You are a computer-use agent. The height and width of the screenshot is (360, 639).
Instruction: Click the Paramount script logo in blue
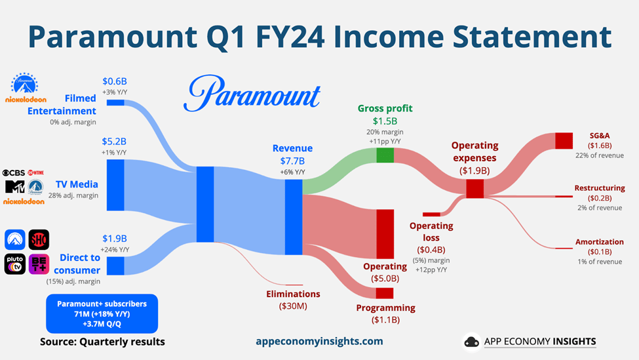pos(252,94)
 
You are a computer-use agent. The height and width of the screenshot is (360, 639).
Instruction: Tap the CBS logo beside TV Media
pos(14,173)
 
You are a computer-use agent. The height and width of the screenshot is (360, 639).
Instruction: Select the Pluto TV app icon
pos(15,264)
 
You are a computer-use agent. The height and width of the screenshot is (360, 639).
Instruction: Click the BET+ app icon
pos(39,264)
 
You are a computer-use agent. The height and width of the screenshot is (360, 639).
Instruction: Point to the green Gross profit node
pos(385,155)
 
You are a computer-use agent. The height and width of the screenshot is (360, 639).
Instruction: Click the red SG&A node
pos(564,141)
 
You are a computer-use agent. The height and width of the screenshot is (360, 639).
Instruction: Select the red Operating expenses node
pos(474,189)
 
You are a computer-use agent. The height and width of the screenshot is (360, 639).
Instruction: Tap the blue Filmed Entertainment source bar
pos(115,103)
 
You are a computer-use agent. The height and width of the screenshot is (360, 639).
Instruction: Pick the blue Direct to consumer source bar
pos(115,266)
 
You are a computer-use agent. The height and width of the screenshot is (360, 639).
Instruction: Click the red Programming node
pos(385,293)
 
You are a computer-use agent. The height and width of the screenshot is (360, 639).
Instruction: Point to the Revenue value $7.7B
pos(292,161)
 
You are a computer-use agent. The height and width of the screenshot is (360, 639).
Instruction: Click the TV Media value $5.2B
pos(114,142)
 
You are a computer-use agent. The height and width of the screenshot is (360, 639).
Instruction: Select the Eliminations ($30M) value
pos(293,306)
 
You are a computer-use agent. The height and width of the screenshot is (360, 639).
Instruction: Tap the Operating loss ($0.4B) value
pos(431,250)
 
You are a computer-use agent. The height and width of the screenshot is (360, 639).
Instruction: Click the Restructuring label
pos(600,188)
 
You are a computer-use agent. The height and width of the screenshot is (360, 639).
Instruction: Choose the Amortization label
pos(600,242)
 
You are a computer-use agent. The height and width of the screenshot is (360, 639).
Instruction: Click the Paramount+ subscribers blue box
pos(102,313)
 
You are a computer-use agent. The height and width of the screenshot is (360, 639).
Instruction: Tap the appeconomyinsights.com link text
pos(320,341)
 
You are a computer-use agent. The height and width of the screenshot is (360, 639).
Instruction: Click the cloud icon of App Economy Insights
pos(472,342)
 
